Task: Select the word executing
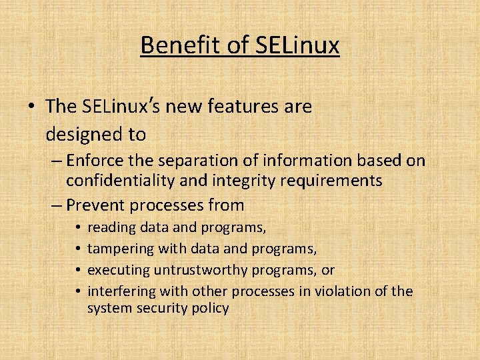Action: tap(118, 269)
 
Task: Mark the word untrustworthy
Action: tap(197, 269)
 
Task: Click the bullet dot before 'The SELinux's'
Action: tap(31, 107)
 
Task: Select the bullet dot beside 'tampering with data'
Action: tap(78, 249)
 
